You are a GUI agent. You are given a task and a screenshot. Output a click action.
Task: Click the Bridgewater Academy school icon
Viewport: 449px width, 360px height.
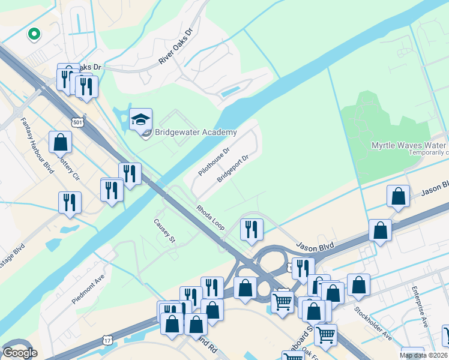[140, 119]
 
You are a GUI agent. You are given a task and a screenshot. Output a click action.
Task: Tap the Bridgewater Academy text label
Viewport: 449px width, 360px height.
[196, 132]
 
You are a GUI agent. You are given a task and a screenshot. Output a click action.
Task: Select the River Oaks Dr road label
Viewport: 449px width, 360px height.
[175, 47]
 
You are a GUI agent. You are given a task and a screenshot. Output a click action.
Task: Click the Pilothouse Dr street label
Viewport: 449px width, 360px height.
[214, 161]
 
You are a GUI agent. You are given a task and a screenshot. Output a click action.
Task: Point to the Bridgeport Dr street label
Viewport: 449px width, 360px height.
[232, 169]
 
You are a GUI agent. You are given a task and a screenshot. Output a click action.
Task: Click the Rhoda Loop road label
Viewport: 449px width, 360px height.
[209, 217]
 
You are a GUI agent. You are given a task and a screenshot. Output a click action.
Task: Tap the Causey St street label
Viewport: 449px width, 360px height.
[163, 230]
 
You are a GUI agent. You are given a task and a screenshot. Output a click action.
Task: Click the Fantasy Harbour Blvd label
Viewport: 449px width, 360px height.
[37, 144]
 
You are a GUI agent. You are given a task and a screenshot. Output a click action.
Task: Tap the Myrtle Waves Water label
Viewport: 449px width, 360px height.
[409, 146]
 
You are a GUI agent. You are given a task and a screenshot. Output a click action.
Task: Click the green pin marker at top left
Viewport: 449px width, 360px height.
[34, 35]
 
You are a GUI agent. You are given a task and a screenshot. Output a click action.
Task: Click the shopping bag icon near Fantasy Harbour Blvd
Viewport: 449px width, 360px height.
[60, 142]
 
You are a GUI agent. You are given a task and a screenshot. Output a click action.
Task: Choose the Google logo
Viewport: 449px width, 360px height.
[19, 353]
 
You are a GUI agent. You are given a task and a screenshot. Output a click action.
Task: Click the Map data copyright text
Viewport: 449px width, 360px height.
[423, 355]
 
